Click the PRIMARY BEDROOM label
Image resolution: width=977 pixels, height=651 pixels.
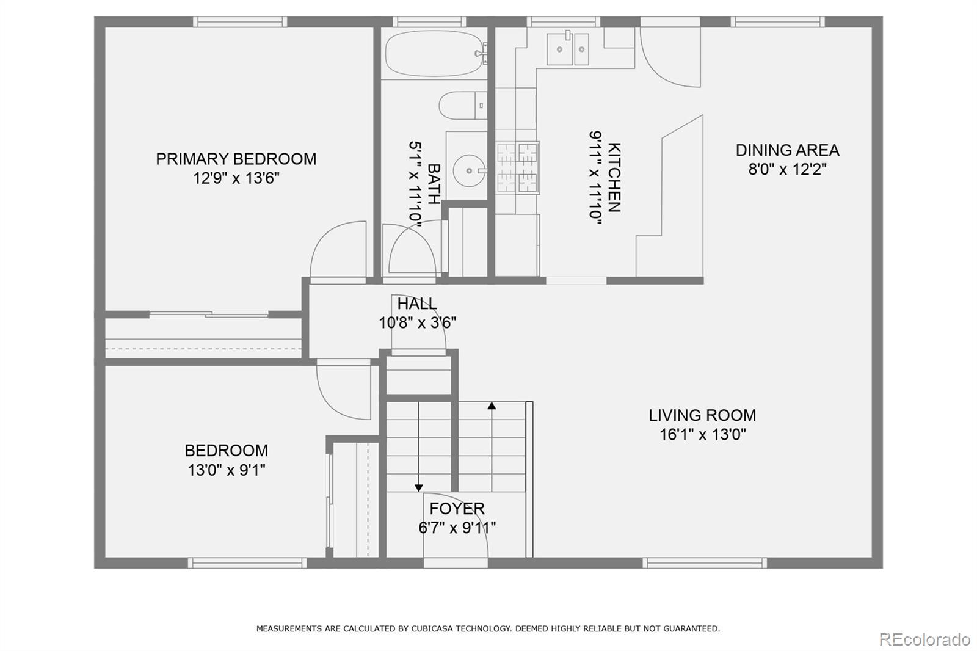[x=236, y=159]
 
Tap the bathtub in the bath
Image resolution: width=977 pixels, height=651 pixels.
[x=434, y=53]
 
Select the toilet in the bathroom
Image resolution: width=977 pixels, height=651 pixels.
[x=462, y=105]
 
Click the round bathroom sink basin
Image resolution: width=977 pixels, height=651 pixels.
[x=469, y=170]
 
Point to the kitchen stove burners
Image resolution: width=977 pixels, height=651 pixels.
[x=518, y=167]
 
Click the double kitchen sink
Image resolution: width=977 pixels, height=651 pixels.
[x=567, y=49]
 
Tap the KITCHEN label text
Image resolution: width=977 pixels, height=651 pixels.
[x=614, y=177]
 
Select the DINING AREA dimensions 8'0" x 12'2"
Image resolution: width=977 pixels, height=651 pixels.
[x=787, y=169]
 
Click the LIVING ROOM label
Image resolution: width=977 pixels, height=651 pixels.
[x=702, y=415]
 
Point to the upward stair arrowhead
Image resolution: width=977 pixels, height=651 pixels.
[x=492, y=406]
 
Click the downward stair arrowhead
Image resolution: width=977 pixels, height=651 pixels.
[x=419, y=488]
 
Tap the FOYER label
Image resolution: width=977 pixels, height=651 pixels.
[x=457, y=508]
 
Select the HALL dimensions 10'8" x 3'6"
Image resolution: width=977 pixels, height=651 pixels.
[x=418, y=323]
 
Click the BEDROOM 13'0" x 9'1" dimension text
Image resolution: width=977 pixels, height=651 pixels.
[x=227, y=470]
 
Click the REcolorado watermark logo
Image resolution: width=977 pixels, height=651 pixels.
[x=924, y=639]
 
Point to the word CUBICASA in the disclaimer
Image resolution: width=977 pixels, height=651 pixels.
[x=431, y=629]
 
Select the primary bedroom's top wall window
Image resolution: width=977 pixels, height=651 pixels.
[x=241, y=22]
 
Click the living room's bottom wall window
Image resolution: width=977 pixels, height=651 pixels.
[x=705, y=563]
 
